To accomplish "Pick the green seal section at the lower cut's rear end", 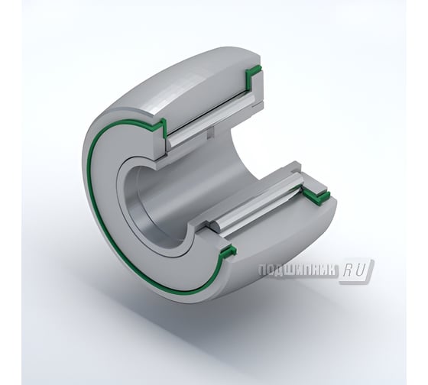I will (x=315, y=197).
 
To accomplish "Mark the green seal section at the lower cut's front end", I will (x=226, y=253).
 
